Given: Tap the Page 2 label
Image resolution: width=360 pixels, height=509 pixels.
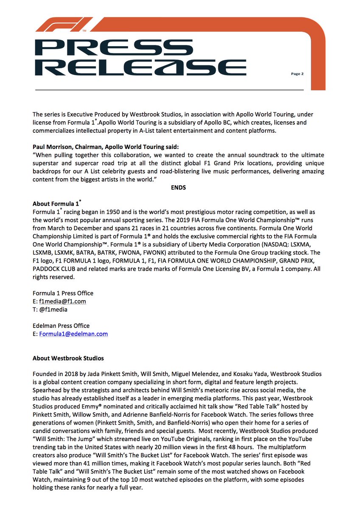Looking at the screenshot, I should [297, 73].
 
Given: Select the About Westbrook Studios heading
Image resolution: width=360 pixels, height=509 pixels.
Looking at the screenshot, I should [68, 358].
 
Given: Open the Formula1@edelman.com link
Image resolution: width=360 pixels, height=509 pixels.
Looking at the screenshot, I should [73, 334].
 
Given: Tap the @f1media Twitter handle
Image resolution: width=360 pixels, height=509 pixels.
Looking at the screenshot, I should [53, 309].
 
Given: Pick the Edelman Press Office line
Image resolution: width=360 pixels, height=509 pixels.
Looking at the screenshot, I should [61, 326].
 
